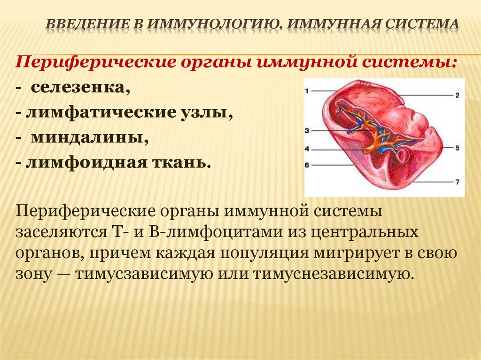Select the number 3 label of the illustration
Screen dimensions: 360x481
pos(308,130)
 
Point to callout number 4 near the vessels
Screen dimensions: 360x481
pos(308,149)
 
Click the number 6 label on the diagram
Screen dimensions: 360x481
pos(308,165)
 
